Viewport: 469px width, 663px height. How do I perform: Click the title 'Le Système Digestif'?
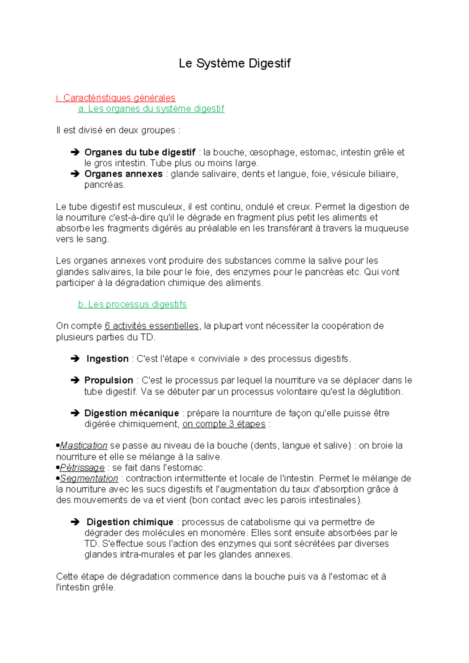[x=234, y=63]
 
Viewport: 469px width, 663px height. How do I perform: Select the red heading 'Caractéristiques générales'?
[x=119, y=98]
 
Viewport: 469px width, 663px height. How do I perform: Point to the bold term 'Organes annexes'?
[x=123, y=174]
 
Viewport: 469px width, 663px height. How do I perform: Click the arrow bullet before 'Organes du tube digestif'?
[x=75, y=152]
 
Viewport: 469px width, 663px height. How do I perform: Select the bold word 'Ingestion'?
[x=107, y=359]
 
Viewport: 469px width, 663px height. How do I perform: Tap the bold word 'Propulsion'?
[x=109, y=380]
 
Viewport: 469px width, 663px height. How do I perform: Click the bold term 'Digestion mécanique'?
[x=131, y=413]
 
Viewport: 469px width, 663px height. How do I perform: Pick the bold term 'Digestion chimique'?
[x=130, y=522]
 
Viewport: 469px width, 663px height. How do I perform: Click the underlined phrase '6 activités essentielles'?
[x=152, y=326]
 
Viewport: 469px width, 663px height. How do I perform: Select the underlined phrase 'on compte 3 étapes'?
[x=224, y=424]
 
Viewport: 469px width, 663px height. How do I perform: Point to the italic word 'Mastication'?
[x=83, y=446]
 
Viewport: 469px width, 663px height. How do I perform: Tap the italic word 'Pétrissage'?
[x=82, y=468]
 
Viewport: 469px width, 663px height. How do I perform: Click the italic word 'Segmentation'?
[x=89, y=478]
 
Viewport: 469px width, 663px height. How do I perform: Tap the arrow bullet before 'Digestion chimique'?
[x=75, y=522]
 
